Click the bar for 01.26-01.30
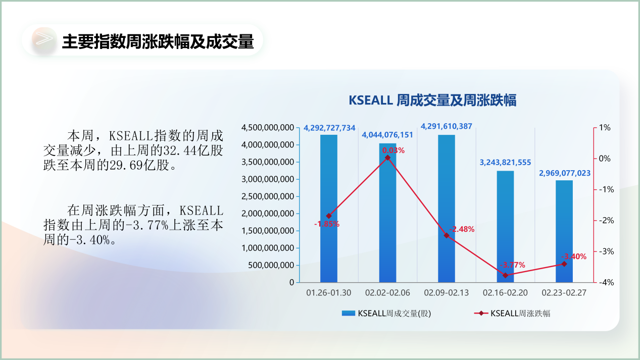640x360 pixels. tap(328, 209)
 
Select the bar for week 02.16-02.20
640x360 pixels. tap(505, 226)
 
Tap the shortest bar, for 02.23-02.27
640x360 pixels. tap(564, 231)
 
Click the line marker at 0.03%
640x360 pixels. tap(388, 158)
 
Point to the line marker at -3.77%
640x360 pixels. tap(505, 276)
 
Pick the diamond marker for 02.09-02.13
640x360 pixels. tap(447, 235)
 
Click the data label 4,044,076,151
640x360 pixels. tap(387, 135)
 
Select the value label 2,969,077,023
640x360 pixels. tap(565, 173)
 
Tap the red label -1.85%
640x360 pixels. tap(327, 224)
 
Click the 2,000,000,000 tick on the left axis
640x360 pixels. tap(268, 214)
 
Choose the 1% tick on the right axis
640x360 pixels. tap(605, 127)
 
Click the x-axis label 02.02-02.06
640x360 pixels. tap(387, 293)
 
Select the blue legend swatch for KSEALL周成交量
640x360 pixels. tap(348, 313)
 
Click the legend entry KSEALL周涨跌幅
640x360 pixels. tap(512, 313)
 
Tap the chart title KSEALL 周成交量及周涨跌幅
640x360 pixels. tap(432, 100)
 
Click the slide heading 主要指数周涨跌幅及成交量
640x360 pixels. tap(158, 41)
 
